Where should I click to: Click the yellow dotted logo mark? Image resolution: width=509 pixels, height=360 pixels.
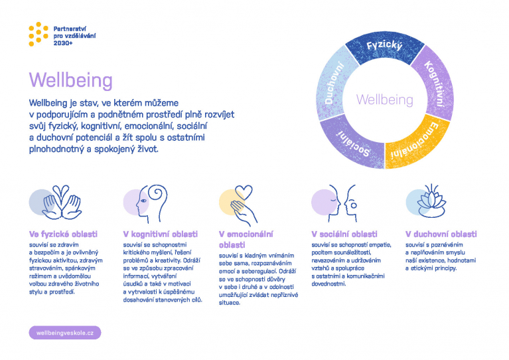[38, 34]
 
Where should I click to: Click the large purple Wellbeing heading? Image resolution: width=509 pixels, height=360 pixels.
[71, 80]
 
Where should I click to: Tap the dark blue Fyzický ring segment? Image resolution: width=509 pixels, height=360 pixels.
[385, 47]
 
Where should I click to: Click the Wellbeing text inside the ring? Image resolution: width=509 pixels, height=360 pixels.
[385, 100]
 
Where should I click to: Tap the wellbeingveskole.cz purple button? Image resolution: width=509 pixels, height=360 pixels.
[65, 333]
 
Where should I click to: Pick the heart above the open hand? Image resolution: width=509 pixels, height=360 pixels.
[244, 193]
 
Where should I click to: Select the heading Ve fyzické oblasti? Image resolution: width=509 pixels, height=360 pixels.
[63, 234]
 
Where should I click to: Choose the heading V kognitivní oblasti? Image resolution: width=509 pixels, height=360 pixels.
[161, 234]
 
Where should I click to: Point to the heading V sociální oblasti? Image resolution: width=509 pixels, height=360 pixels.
[344, 234]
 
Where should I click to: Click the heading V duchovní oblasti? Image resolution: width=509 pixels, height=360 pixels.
[441, 234]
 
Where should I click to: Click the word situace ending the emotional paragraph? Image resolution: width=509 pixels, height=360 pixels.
[230, 303]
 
